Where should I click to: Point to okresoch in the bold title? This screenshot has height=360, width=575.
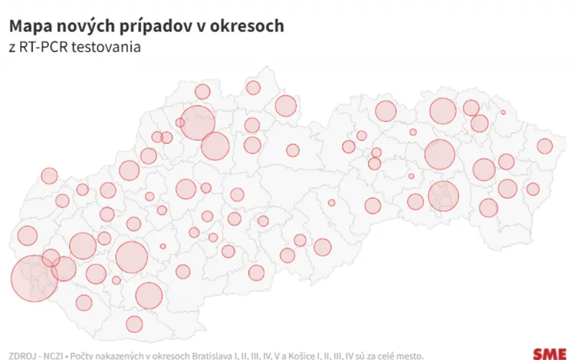click(251, 26)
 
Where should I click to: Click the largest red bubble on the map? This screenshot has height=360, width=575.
click(34, 277)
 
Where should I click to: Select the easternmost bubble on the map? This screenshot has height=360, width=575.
click(545, 146)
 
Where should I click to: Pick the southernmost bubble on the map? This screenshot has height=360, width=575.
click(134, 324)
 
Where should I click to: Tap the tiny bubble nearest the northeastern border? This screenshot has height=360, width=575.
click(503, 112)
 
